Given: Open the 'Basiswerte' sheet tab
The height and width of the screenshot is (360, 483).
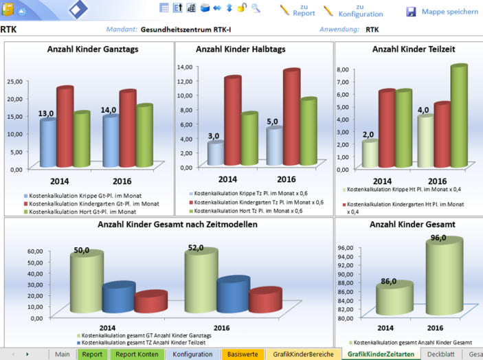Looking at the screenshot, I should (x=243, y=354).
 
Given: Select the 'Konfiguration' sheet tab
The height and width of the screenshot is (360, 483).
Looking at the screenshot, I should (x=192, y=354).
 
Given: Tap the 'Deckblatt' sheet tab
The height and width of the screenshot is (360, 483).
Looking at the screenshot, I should (x=440, y=354).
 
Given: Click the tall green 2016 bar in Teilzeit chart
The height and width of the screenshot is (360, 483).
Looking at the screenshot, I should (x=458, y=117).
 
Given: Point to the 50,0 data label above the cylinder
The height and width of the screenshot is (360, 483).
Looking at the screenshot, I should (x=82, y=251).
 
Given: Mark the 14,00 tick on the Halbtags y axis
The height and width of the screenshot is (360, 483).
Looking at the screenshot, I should (x=186, y=67).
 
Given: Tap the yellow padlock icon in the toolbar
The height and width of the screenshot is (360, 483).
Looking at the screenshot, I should (x=241, y=8).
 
